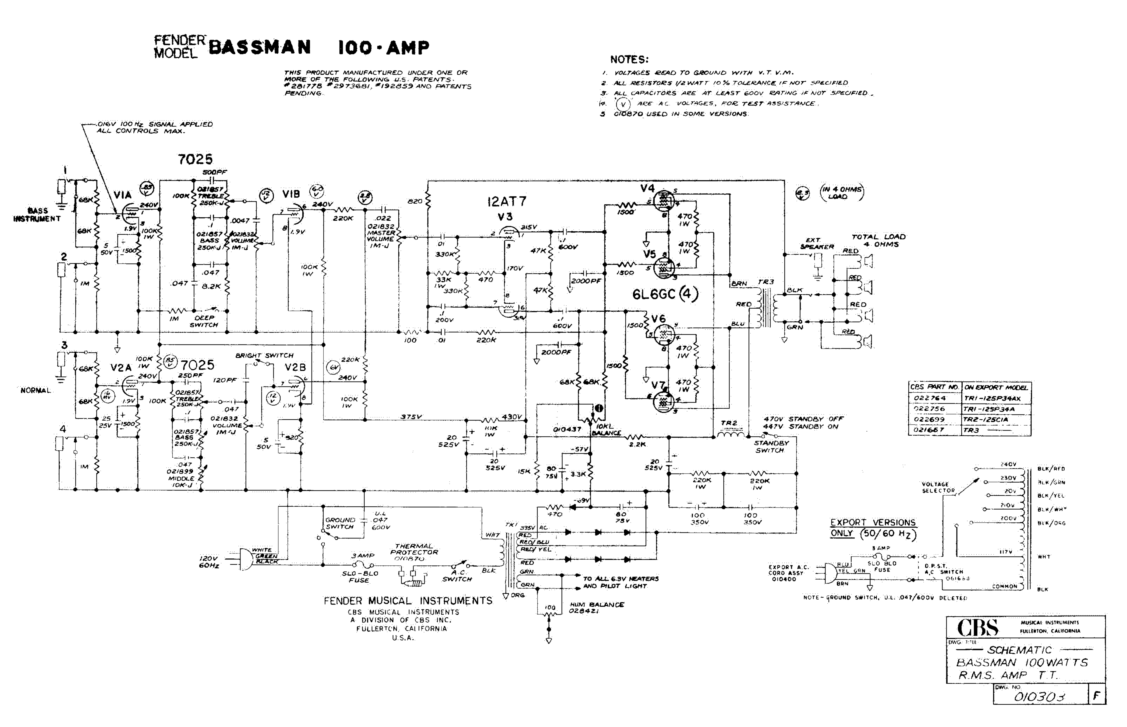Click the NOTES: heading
coord(629,59)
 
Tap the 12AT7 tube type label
coord(506,202)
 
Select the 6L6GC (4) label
coord(665,294)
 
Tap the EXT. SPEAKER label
coord(816,243)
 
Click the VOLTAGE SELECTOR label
coord(938,487)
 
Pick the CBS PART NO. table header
coord(934,387)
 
